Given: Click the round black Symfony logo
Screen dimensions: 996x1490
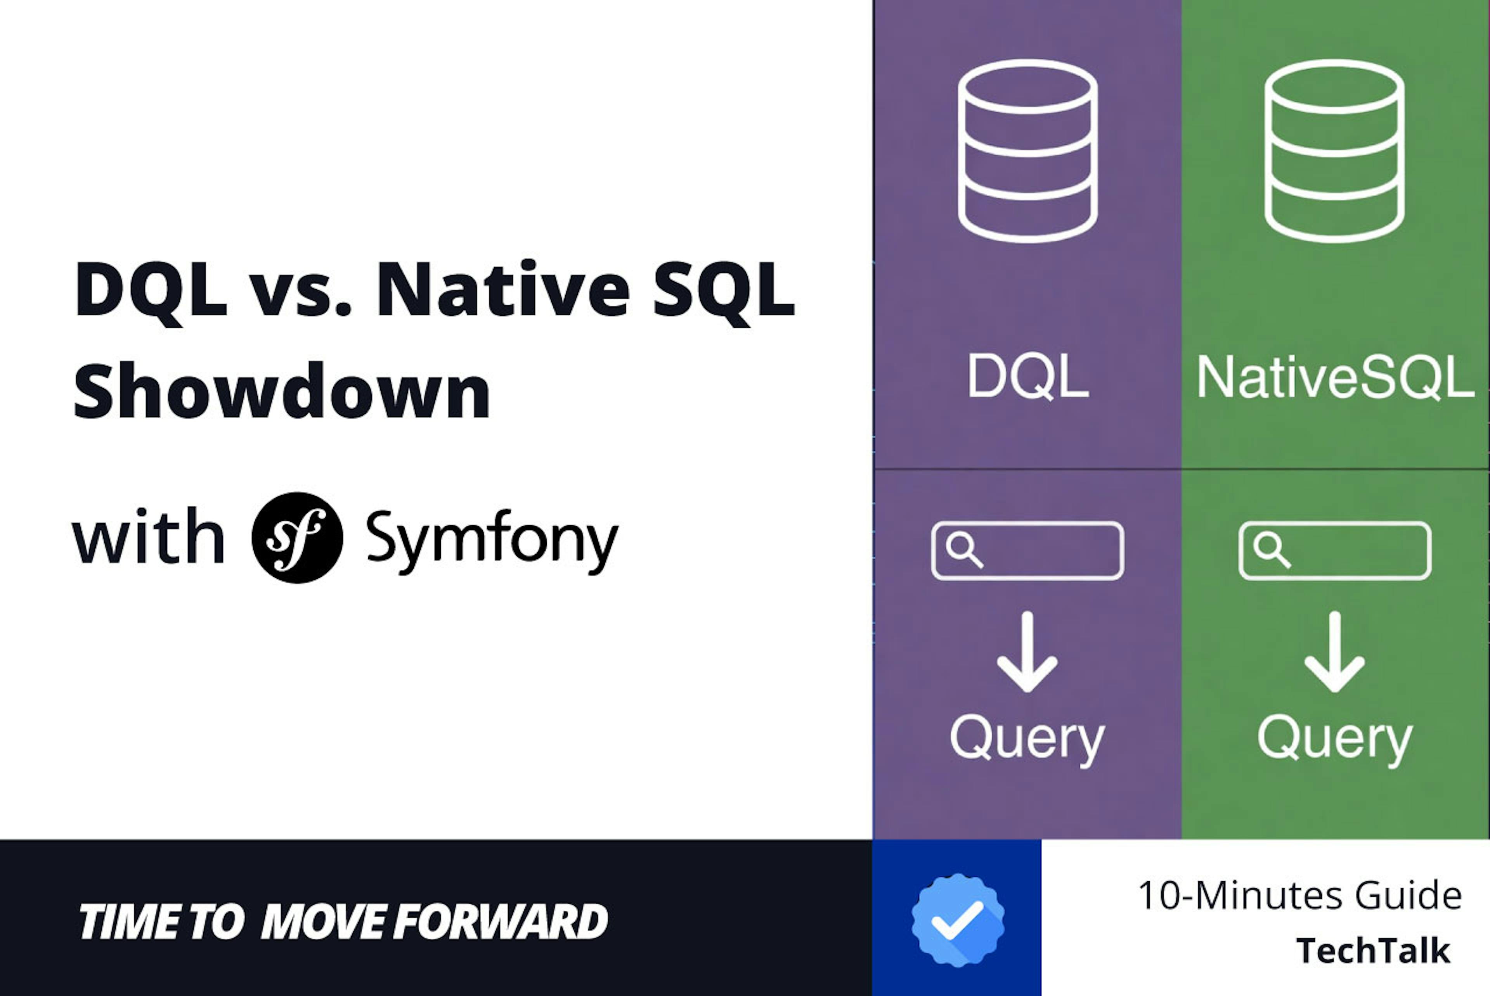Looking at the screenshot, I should [x=297, y=538].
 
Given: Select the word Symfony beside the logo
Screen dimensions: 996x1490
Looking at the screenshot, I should [x=492, y=540].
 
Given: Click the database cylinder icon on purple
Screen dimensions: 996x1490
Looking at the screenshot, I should [x=1027, y=151].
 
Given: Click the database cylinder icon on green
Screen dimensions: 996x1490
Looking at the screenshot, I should [x=1334, y=151].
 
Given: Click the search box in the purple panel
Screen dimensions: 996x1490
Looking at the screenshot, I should [x=1027, y=551].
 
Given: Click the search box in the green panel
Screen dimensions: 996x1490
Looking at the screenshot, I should [x=1335, y=551].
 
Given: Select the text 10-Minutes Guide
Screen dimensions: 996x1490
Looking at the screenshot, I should [x=1300, y=896].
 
